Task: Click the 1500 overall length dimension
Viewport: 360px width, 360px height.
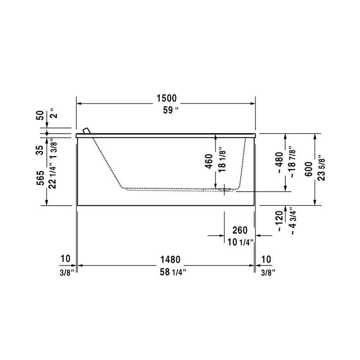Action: click(166, 98)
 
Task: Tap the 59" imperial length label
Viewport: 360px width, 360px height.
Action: click(171, 110)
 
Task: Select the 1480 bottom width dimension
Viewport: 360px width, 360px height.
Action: click(170, 260)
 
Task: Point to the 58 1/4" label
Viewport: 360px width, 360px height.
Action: click(173, 272)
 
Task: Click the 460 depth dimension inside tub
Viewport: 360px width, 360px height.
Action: click(209, 161)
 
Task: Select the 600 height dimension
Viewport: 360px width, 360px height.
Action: click(309, 169)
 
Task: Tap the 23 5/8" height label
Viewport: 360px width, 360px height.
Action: click(322, 170)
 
